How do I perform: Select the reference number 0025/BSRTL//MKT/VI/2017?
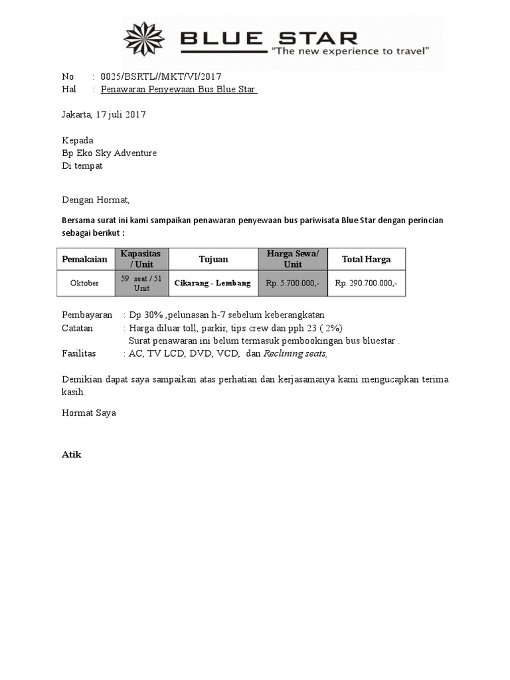160,77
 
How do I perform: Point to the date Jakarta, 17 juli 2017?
104,114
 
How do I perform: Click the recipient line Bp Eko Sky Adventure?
109,153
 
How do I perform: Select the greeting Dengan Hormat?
96,199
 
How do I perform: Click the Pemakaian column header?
84,259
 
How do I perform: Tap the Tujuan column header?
213,259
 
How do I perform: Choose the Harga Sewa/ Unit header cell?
292,259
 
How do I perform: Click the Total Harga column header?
366,259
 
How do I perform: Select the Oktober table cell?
84,283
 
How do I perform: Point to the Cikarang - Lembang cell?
212,283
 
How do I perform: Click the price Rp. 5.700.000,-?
292,283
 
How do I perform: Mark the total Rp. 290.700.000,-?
366,283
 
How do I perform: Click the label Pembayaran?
87,315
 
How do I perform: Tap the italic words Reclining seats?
296,353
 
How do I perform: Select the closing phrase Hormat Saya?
89,412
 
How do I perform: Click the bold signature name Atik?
71,455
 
